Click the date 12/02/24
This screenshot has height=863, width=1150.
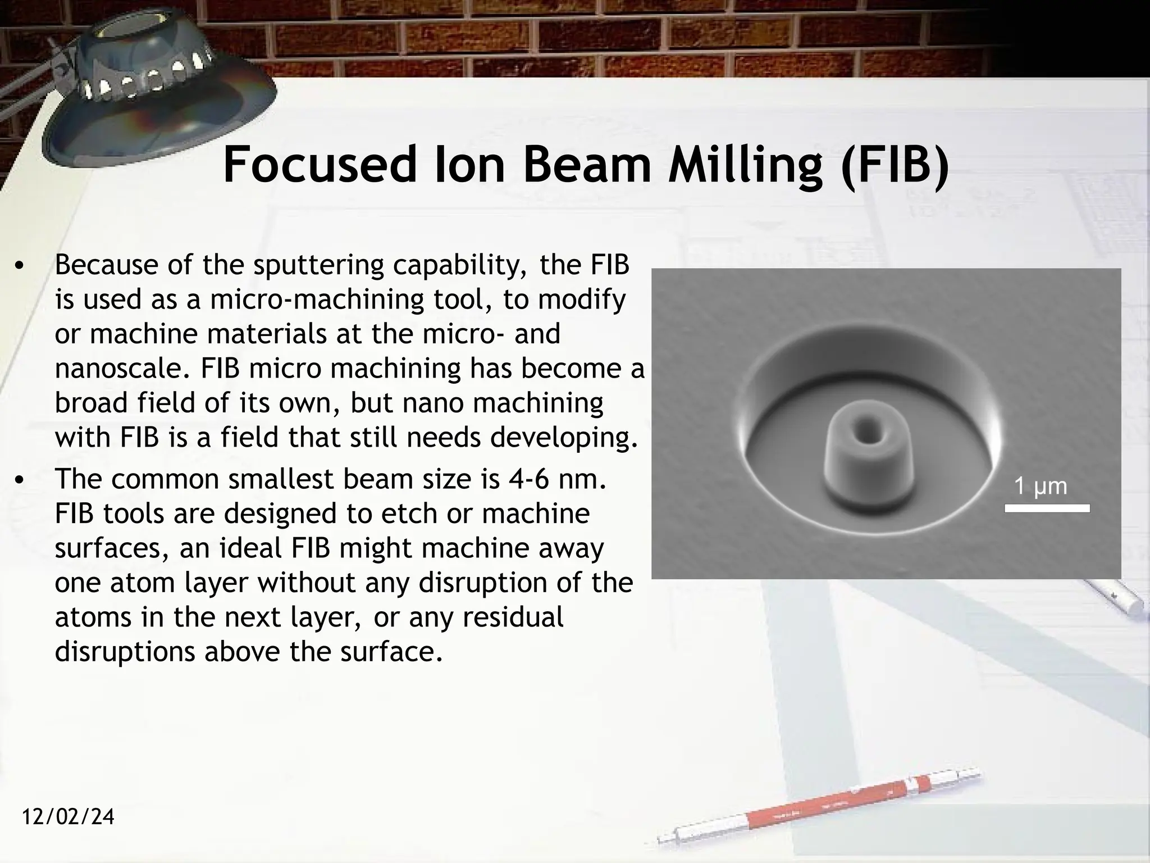[x=68, y=816]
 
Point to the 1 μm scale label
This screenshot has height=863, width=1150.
[x=1040, y=486]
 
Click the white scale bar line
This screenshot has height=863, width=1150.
[x=1047, y=508]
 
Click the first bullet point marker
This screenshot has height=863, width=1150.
[x=20, y=266]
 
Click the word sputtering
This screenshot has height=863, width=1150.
[x=318, y=266]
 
